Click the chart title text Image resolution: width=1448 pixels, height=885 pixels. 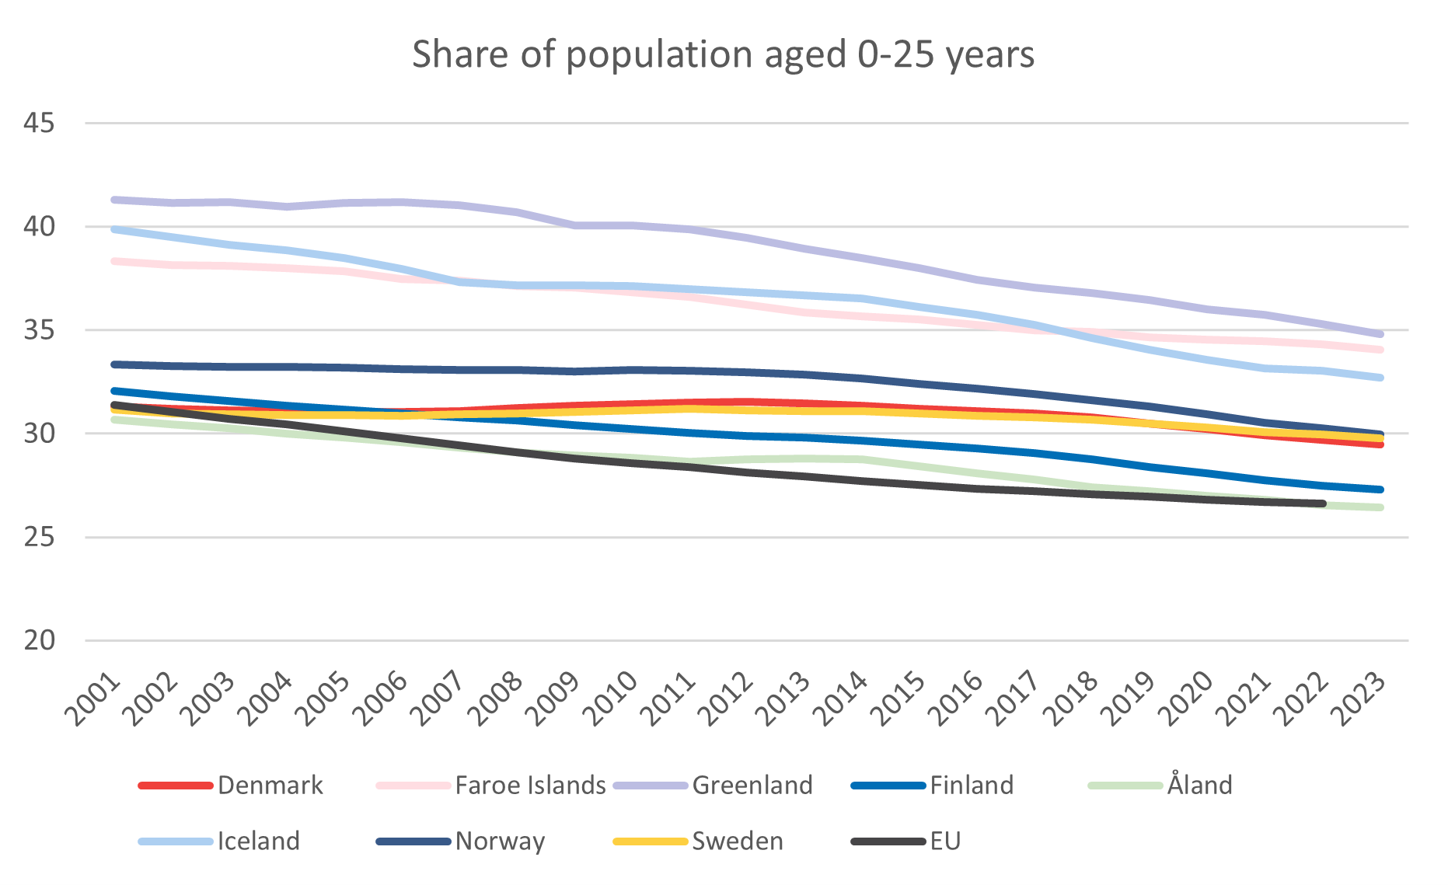click(723, 54)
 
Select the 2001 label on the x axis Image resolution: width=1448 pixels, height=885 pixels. click(94, 699)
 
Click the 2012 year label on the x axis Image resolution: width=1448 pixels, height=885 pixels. click(727, 699)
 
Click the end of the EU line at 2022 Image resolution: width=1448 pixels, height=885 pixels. click(1322, 503)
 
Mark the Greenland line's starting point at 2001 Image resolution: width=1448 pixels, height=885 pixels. click(114, 200)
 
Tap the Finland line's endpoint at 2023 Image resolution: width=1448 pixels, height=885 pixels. click(1380, 490)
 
